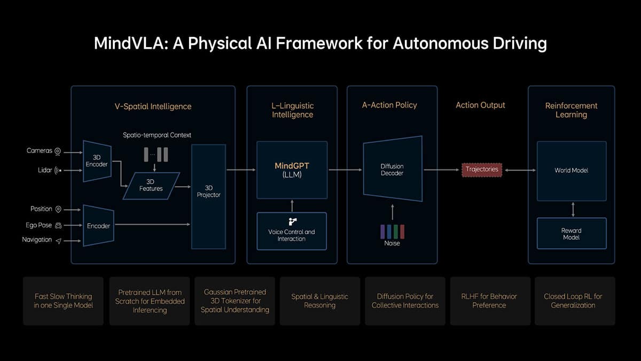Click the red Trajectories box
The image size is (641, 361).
coord(481,170)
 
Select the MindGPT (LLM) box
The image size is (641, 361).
coord(292,170)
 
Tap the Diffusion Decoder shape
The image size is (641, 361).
coord(393,170)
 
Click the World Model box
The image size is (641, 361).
coord(571,171)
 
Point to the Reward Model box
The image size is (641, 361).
coord(571,234)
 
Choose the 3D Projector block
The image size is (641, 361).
coord(208,191)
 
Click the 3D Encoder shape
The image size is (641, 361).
coord(97,161)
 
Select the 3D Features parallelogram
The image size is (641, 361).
coord(151,185)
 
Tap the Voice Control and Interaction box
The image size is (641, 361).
coord(292,231)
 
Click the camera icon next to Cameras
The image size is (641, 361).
coord(58,151)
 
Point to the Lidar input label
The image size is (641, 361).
coord(45,171)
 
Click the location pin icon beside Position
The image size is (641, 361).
coord(58,209)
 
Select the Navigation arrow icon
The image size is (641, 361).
coord(58,241)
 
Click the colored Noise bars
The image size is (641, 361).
coord(392,231)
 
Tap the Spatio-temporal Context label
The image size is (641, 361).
coord(158,135)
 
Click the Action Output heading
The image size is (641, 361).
coord(480,105)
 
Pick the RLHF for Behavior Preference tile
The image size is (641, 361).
coord(489,301)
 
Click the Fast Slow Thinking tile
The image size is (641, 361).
coord(63,301)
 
